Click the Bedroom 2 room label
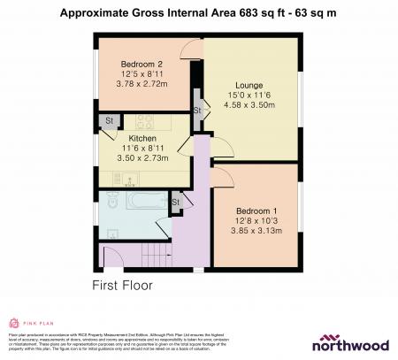point(142,64)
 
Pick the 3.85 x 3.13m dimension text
point(256,231)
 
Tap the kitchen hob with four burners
point(142,120)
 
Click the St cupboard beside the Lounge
point(197,109)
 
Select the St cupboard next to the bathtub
point(176,202)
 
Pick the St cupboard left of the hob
point(110,119)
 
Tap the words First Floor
point(123,286)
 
